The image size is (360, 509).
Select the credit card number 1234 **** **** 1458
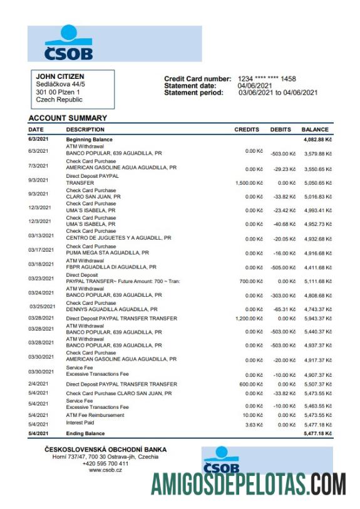click(x=267, y=79)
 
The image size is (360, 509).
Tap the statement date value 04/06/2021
click(x=255, y=86)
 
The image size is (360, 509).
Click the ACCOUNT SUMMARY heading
click(x=68, y=118)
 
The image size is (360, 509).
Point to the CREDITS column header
click(x=246, y=130)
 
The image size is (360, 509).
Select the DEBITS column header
click(x=280, y=130)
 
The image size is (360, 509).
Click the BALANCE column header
click(x=315, y=130)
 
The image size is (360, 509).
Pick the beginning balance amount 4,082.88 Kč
click(x=316, y=139)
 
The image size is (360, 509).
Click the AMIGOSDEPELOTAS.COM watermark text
click(x=249, y=484)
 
